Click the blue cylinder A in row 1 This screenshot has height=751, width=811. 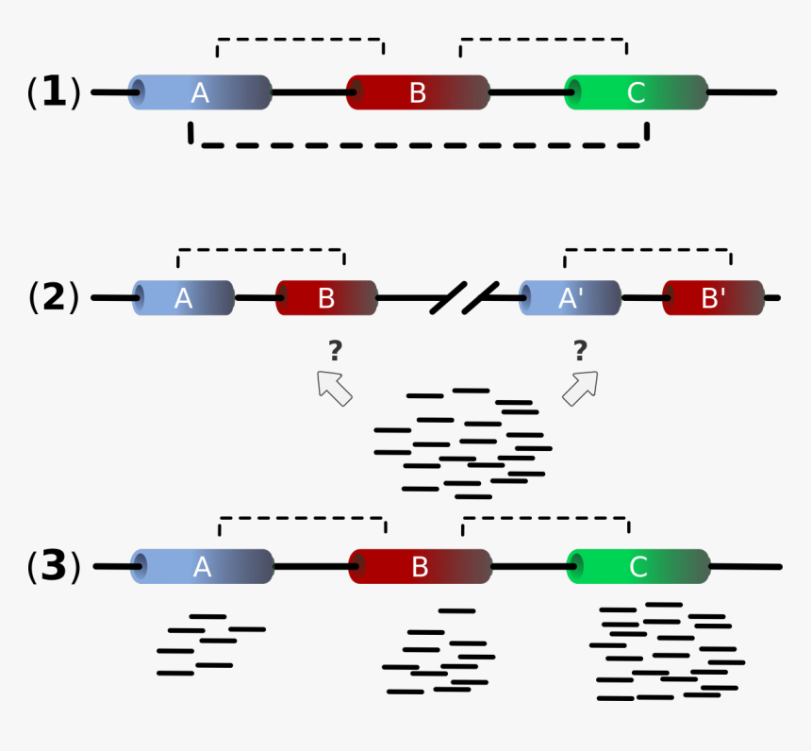tap(200, 92)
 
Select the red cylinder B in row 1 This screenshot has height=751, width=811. tap(418, 92)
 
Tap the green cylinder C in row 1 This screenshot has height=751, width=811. tap(637, 92)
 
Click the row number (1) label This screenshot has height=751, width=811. tap(54, 92)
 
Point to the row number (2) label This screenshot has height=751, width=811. tap(54, 297)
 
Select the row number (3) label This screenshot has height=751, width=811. tap(54, 566)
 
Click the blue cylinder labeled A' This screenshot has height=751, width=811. tap(570, 298)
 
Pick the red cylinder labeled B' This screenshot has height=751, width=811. tap(713, 298)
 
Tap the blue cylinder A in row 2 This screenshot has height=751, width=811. tap(183, 298)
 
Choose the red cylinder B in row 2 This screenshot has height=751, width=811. tap(326, 298)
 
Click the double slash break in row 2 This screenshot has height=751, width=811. tap(464, 298)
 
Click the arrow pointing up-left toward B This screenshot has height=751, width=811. tap(334, 388)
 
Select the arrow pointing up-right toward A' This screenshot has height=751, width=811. tap(581, 388)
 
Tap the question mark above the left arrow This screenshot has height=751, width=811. tap(335, 352)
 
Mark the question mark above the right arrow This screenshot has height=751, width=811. tap(580, 352)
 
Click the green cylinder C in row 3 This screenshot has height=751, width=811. tap(638, 567)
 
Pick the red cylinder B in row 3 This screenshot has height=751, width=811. tap(420, 567)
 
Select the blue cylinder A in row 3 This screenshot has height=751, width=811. tap(202, 567)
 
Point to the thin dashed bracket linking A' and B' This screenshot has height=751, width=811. tap(647, 250)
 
